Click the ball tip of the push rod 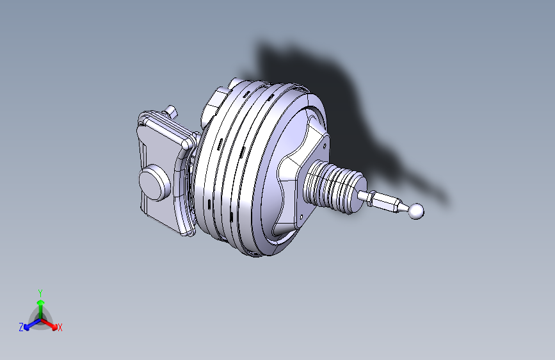417,210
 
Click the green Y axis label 40,292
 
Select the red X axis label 60,328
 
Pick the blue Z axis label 21,327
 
